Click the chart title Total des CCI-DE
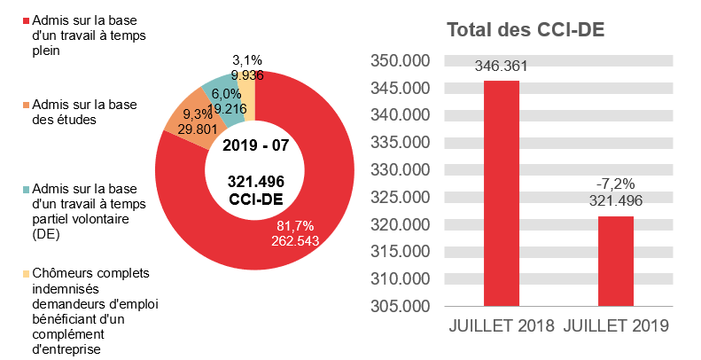click(x=526, y=30)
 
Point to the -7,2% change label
click(x=616, y=184)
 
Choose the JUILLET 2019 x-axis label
click(x=616, y=325)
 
